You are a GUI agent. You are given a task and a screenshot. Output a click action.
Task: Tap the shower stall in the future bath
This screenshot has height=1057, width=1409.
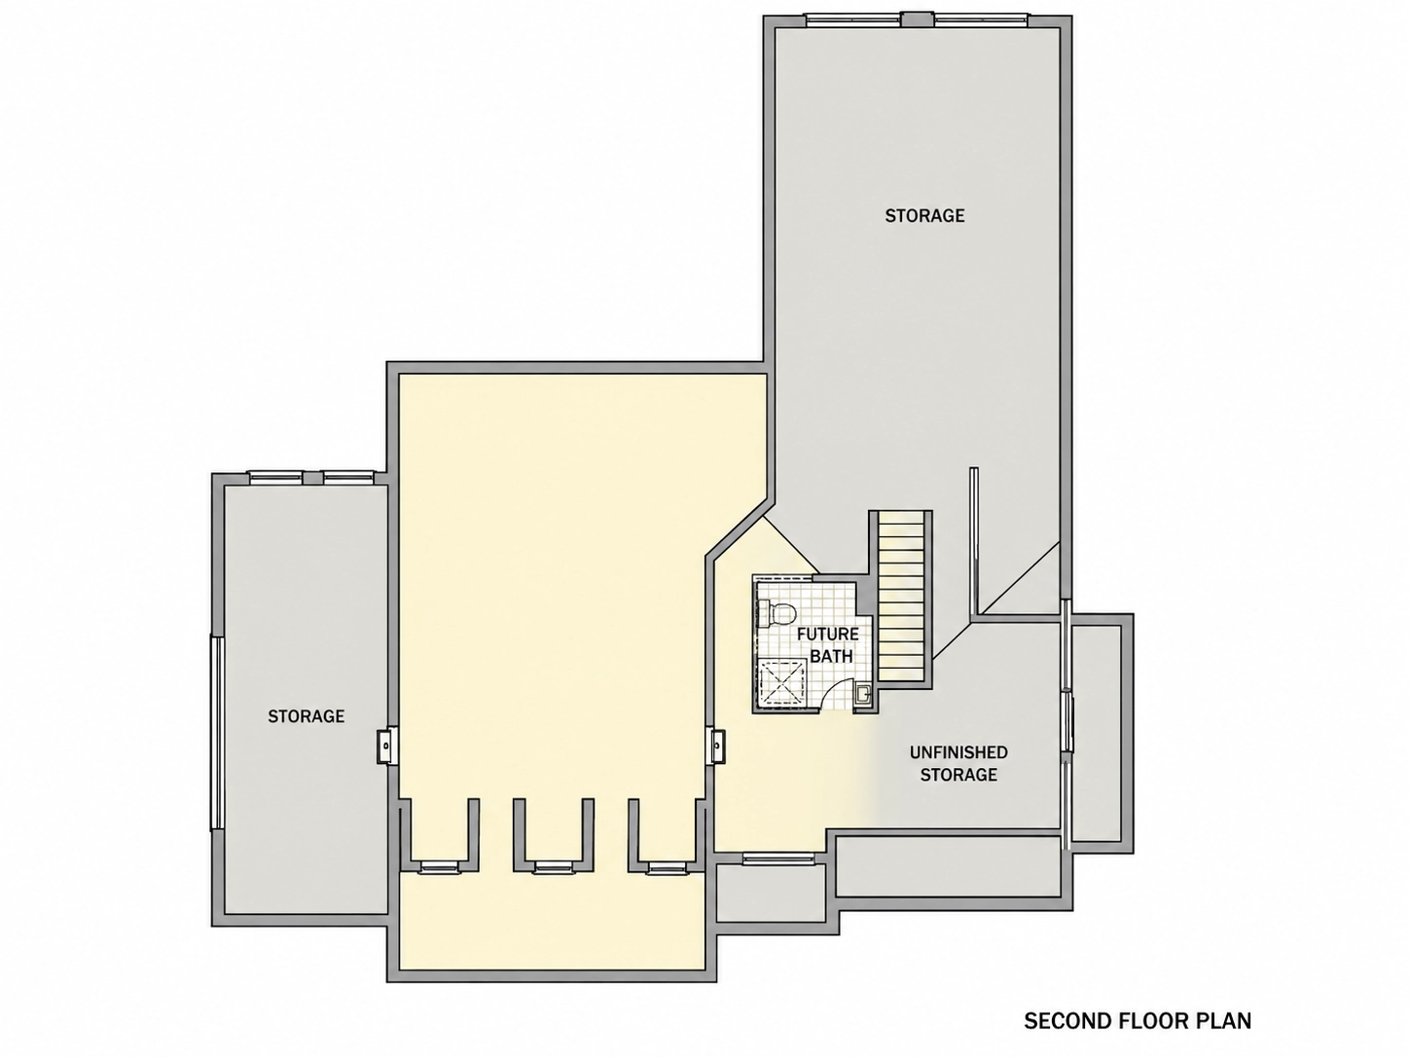coord(780,684)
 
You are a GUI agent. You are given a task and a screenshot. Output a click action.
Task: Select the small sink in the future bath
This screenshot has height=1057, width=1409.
coord(863,694)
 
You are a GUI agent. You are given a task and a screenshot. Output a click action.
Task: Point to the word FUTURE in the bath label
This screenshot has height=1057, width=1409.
coord(827,635)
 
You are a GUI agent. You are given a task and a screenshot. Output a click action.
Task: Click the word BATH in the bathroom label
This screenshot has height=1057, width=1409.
coord(831,657)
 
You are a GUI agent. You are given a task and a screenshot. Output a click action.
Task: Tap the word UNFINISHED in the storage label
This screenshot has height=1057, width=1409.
coord(958,752)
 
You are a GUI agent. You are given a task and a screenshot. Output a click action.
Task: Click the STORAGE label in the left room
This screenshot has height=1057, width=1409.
coord(307,716)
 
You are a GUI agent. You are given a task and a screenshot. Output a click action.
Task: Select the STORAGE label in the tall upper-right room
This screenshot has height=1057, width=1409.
coord(924,216)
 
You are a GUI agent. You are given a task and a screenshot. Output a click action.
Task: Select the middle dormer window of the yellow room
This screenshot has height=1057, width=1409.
coord(554,867)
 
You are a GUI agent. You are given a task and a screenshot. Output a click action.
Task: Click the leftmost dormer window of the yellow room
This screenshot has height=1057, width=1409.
coord(441,867)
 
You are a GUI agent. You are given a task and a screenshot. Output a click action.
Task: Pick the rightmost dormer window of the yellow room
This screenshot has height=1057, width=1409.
coord(668,867)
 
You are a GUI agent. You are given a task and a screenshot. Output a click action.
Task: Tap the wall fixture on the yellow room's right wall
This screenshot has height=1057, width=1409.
coord(716,746)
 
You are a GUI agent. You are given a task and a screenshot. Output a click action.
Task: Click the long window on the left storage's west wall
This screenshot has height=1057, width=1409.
coord(217,732)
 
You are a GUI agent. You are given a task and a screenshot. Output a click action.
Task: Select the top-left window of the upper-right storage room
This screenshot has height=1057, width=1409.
coord(853,19)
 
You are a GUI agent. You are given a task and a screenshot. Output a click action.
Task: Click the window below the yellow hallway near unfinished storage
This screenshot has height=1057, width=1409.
coord(778,857)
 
